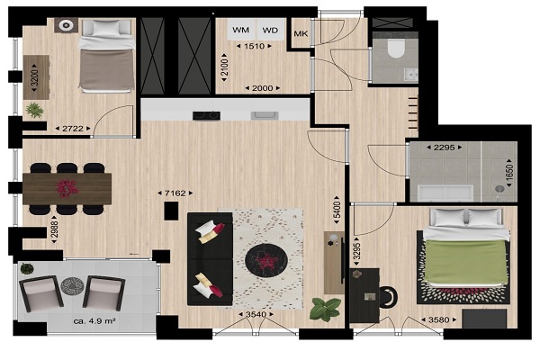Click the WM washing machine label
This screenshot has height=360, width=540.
pyautogui.click(x=240, y=30)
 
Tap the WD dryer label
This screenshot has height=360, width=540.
pyautogui.click(x=270, y=31)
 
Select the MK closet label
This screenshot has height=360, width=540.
pyautogui.click(x=301, y=34)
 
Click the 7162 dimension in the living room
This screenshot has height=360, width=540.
pyautogui.click(x=175, y=193)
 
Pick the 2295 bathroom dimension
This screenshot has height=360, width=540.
pyautogui.click(x=444, y=148)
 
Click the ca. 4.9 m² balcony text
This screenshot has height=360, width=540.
pyautogui.click(x=94, y=321)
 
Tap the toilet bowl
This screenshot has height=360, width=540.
pyautogui.click(x=395, y=49)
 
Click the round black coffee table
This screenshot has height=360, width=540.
pyautogui.click(x=265, y=259)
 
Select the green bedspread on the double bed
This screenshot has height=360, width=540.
pyautogui.click(x=466, y=261)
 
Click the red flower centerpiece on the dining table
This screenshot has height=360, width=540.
pyautogui.click(x=67, y=189)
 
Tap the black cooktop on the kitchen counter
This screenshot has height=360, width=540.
pyautogui.click(x=206, y=116)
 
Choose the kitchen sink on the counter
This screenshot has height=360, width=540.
pyautogui.click(x=265, y=115)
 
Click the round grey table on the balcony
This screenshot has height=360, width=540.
pyautogui.click(x=72, y=286)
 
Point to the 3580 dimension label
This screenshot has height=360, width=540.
pyautogui.click(x=438, y=320)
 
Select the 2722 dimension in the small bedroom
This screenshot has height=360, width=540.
pyautogui.click(x=73, y=129)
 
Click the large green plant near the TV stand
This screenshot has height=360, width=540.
pyautogui.click(x=325, y=310)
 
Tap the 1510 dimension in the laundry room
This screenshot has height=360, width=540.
pyautogui.click(x=254, y=46)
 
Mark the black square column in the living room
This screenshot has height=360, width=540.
pyautogui.click(x=171, y=211)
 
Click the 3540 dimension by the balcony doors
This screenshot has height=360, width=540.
pyautogui.click(x=256, y=314)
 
